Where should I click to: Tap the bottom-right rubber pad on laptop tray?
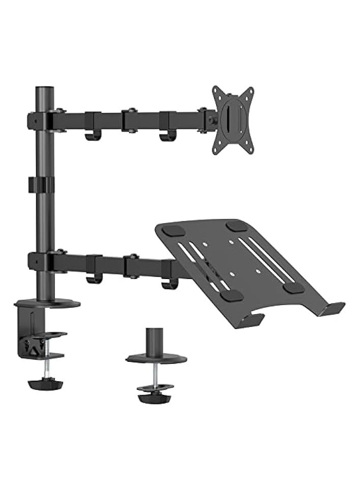click(293, 287)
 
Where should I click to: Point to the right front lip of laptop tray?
click(333, 308)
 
